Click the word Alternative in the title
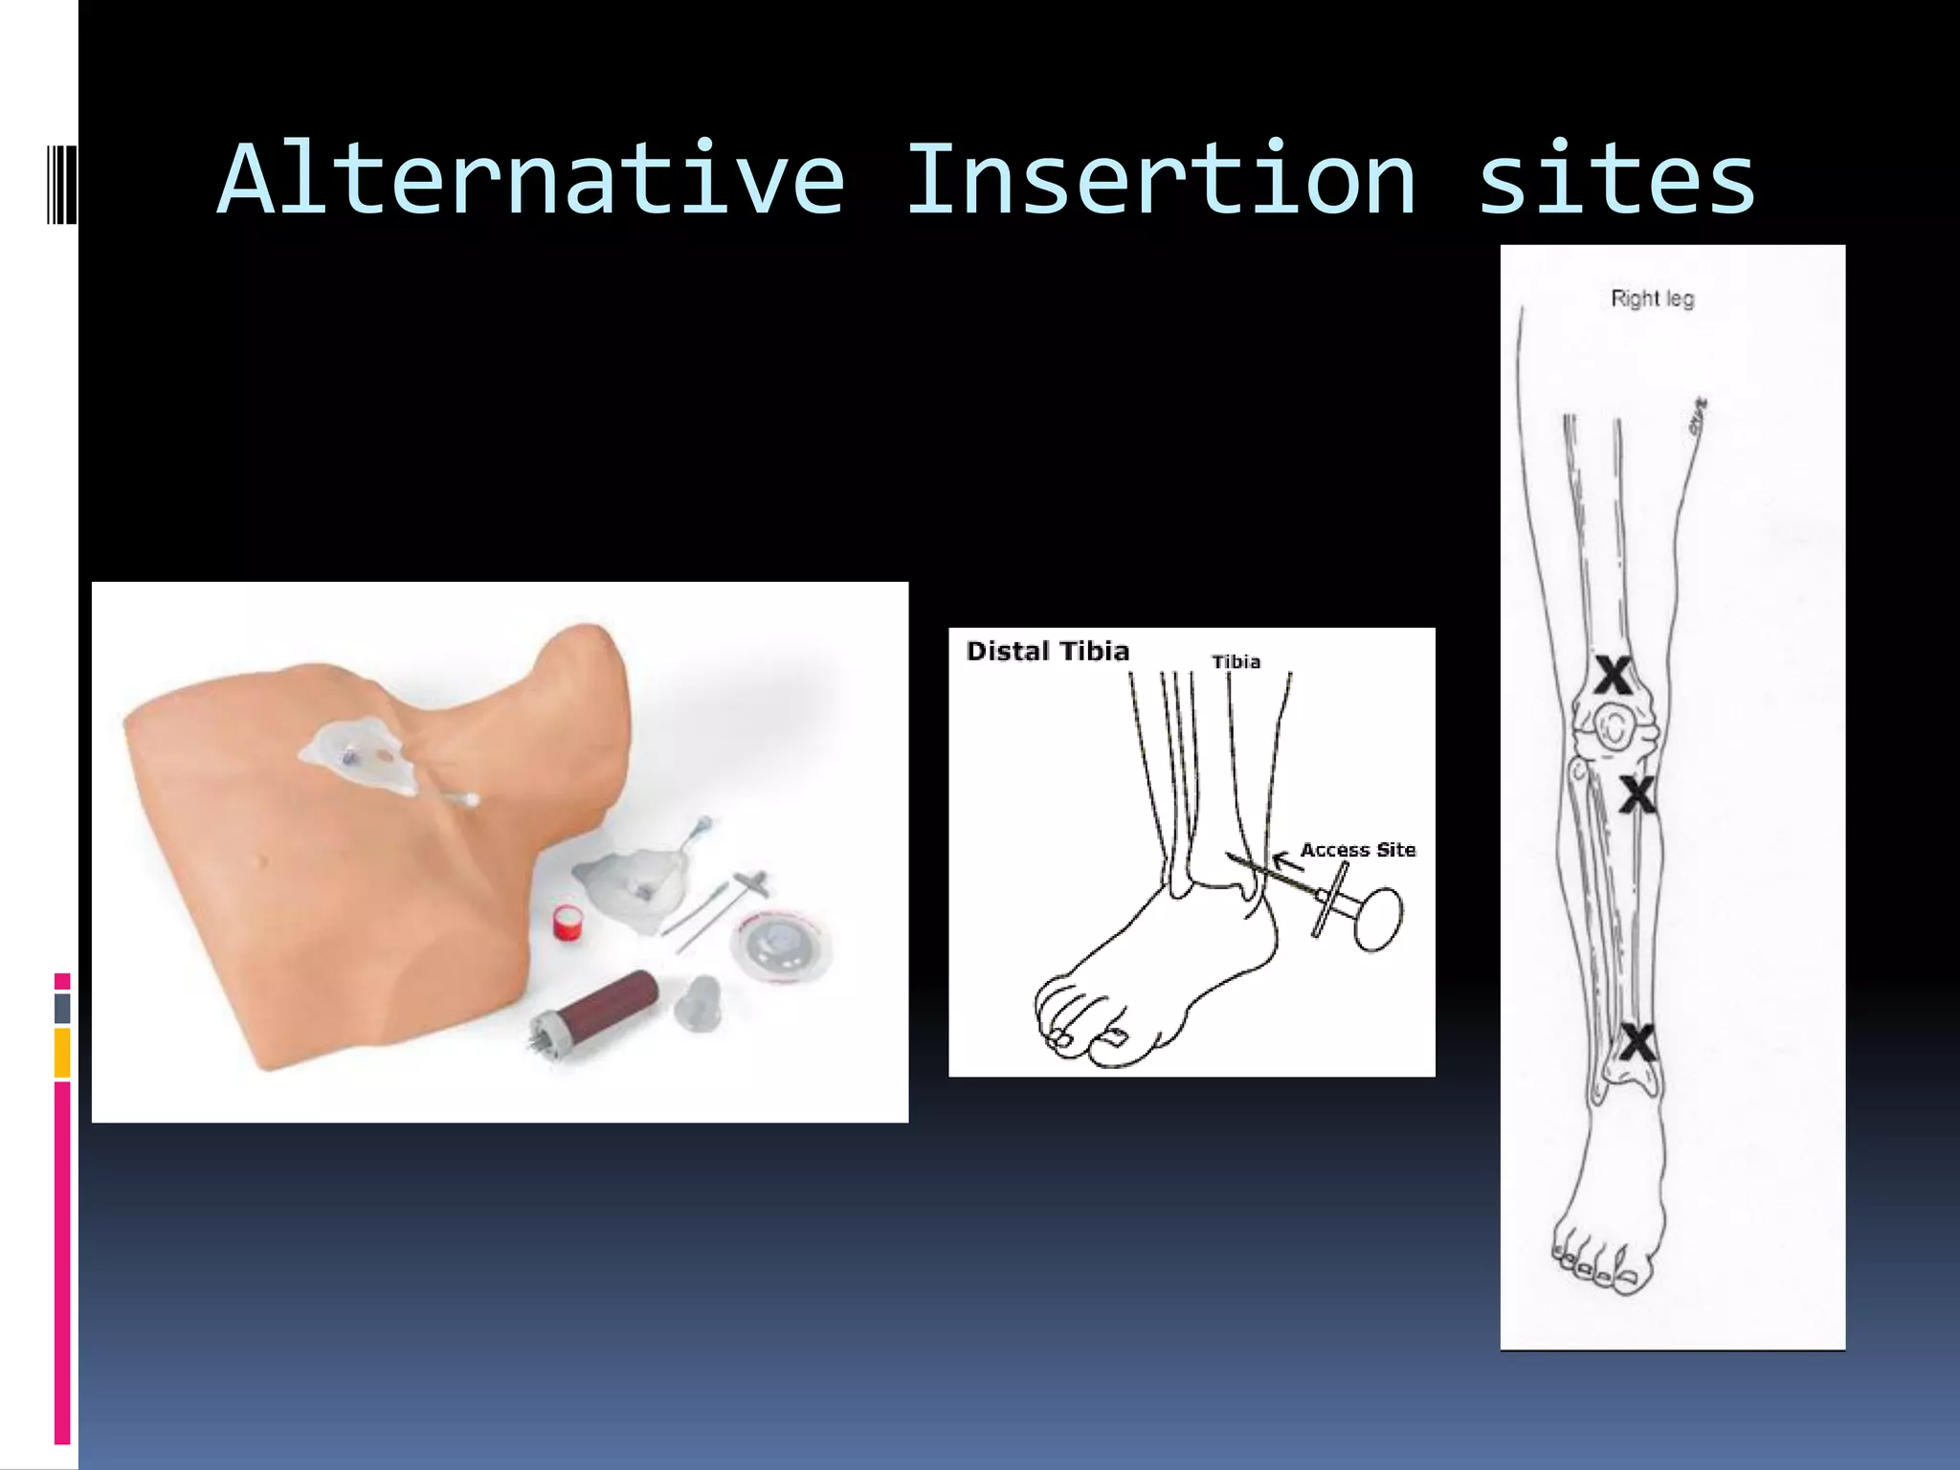coord(531,180)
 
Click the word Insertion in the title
coord(1160,180)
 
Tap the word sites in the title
coord(1616,180)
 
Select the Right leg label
coord(1652,299)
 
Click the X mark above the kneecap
coord(1613,677)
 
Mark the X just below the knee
coord(1637,794)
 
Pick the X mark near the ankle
coord(1637,1043)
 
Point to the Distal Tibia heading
coord(1048,652)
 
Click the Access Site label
coord(1357,850)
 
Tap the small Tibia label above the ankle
coord(1236,662)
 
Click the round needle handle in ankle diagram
coord(1379,919)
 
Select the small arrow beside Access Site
coord(1286,860)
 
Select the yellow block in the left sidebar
coord(62,1053)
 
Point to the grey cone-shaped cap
coord(697,1002)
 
